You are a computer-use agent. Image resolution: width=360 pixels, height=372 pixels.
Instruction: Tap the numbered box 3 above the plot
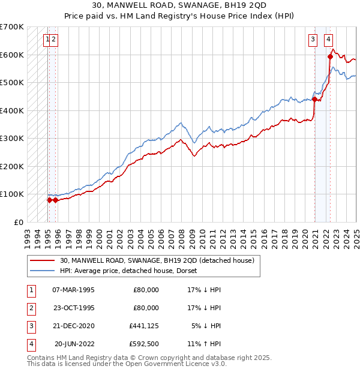point(313,40)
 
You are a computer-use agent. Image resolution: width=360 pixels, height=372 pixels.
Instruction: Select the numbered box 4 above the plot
point(329,40)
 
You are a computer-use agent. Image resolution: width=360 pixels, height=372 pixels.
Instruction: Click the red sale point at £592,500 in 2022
point(330,57)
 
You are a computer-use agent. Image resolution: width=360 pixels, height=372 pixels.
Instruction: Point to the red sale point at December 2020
point(314,100)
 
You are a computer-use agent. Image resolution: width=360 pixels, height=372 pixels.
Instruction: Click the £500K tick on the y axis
point(12,83)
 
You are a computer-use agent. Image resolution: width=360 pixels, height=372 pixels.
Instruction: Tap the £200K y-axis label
point(12,166)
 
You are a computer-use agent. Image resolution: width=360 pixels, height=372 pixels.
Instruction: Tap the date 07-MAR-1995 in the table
point(74,290)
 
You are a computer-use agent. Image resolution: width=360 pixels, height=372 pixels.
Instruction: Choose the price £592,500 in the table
point(144,344)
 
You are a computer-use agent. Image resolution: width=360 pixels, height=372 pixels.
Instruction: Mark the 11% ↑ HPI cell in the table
point(205,344)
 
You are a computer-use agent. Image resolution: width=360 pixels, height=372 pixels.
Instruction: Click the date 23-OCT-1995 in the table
point(74,308)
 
